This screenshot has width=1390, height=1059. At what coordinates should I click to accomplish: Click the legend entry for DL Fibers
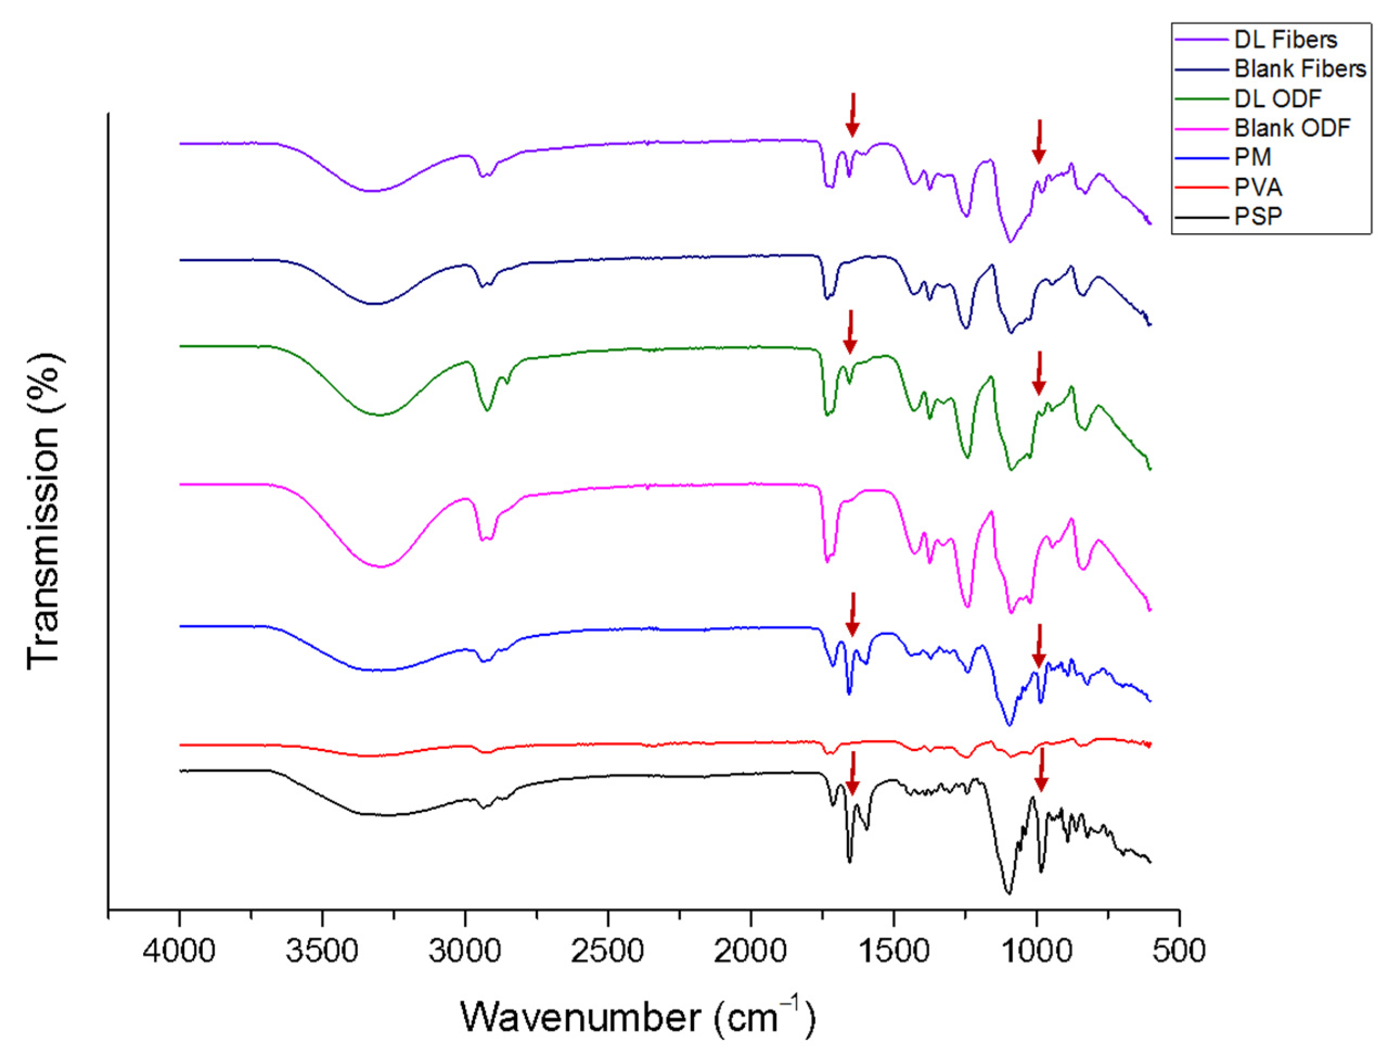click(1285, 40)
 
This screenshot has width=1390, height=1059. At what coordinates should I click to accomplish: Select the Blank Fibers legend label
click(1299, 69)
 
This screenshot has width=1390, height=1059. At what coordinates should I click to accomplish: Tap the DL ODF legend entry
click(1277, 98)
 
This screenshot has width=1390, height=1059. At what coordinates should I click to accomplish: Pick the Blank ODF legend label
click(1292, 128)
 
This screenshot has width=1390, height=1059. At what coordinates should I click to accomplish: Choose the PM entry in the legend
click(1253, 157)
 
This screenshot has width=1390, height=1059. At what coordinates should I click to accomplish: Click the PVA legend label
click(1258, 187)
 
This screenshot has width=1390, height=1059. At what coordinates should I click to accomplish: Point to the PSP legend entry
click(1258, 216)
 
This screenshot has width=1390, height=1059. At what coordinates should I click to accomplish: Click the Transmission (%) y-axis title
click(44, 511)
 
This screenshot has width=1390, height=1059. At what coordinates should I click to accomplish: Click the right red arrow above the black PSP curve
click(1041, 769)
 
